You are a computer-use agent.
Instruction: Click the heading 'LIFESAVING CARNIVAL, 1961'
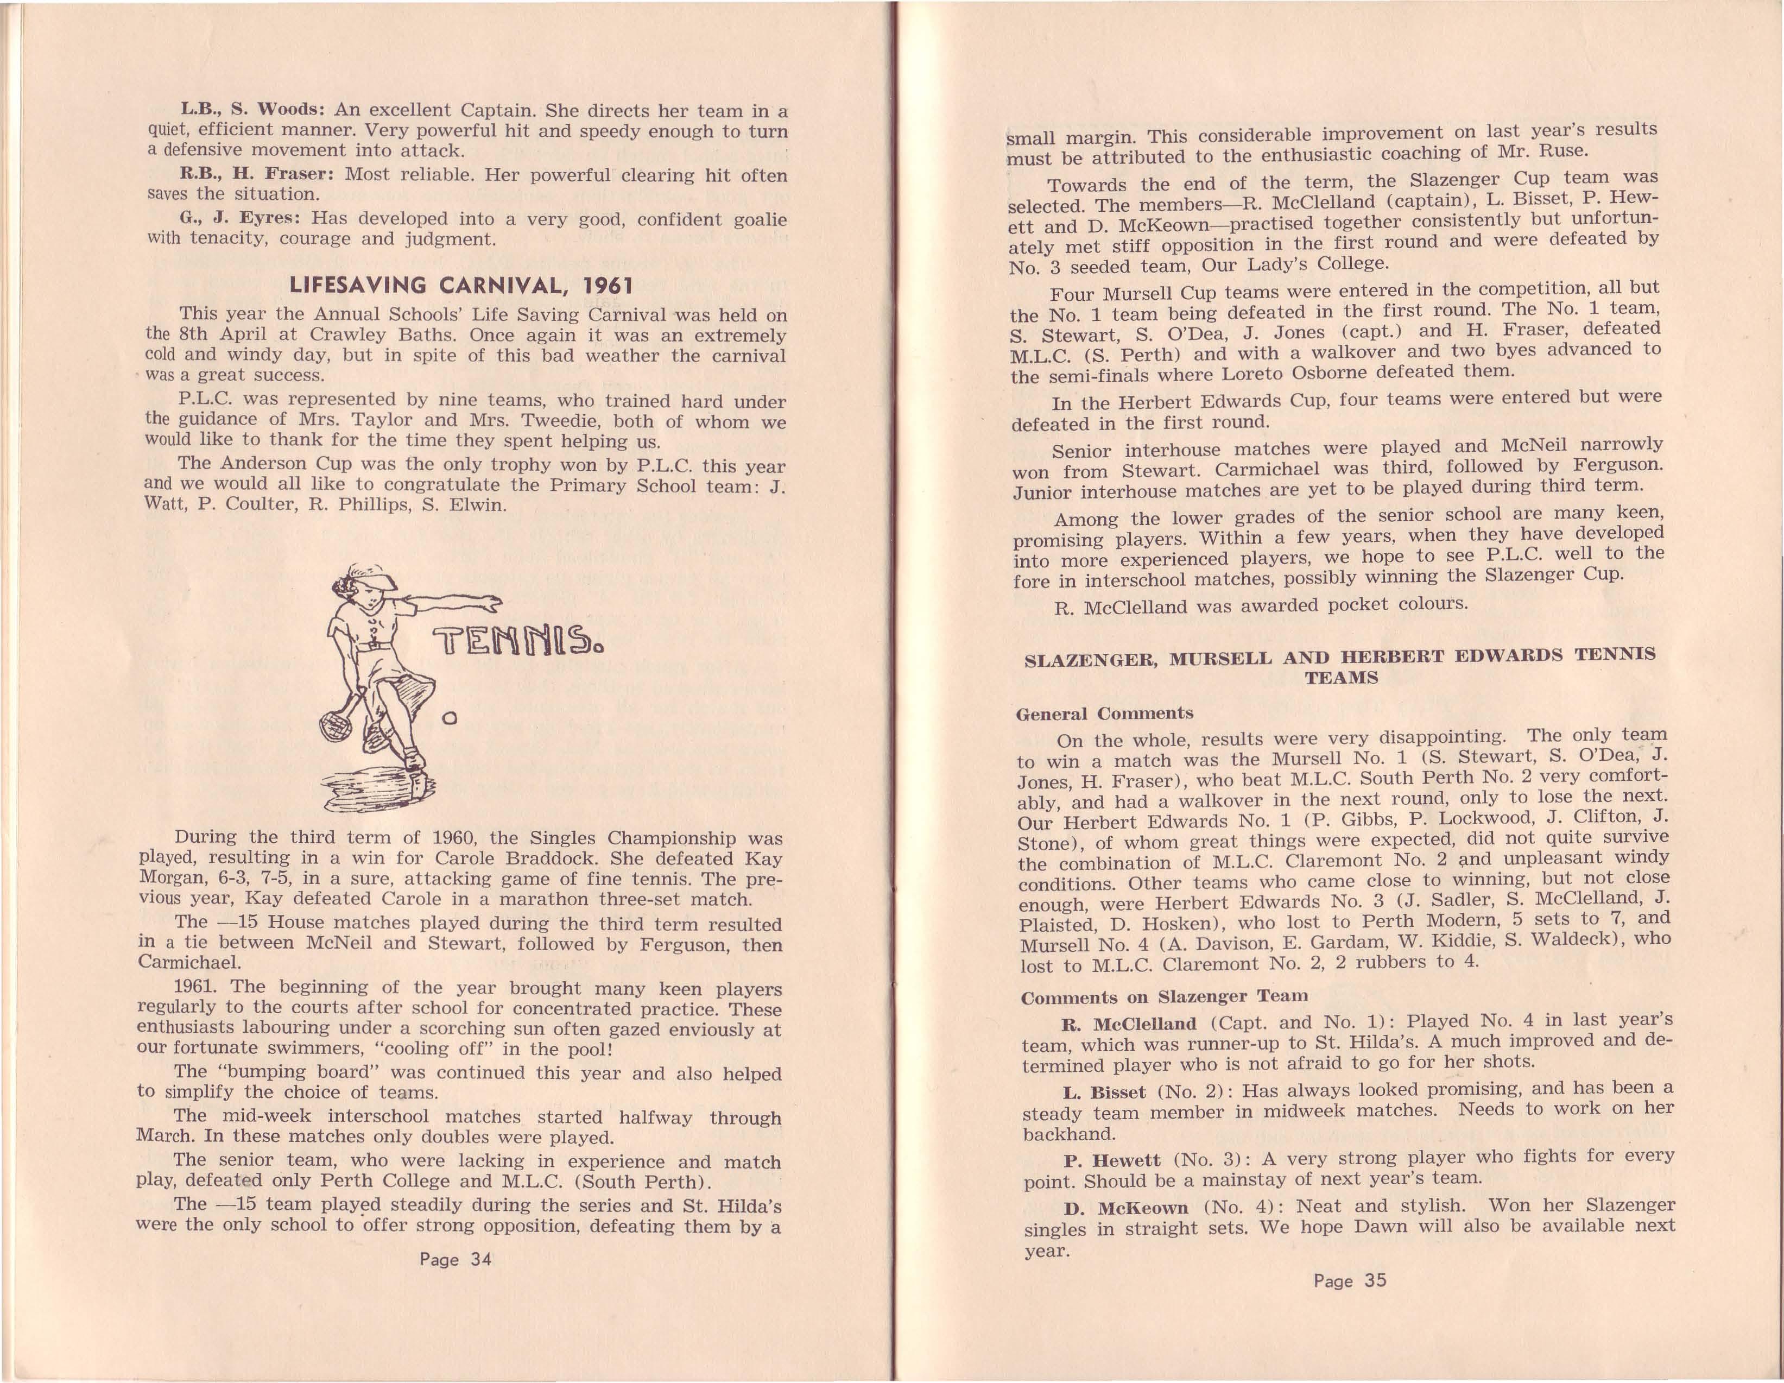(x=461, y=286)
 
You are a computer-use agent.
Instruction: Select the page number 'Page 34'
(x=455, y=1259)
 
